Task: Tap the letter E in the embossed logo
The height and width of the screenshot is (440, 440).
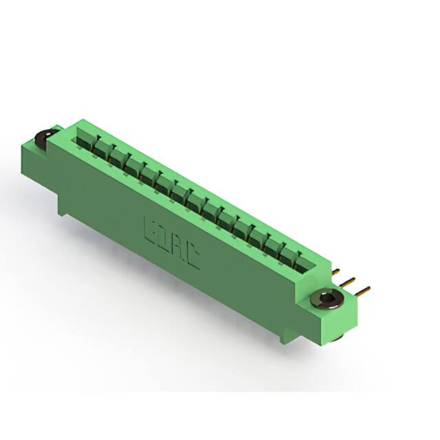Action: (150, 227)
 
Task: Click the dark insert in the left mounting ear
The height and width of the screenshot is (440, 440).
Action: (41, 138)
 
